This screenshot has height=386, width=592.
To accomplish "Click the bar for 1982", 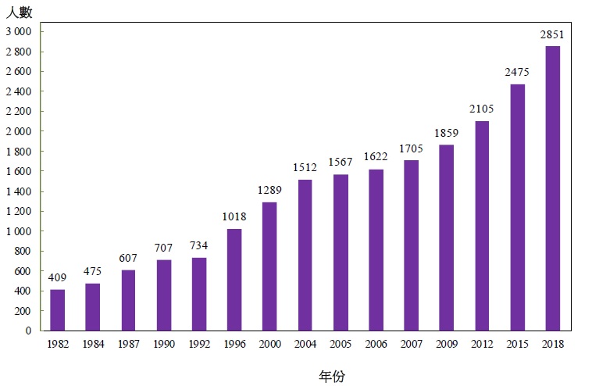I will pos(57,310).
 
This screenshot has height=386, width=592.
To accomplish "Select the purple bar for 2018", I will pos(552,188).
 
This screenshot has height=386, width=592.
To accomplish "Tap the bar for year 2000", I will pos(269,266).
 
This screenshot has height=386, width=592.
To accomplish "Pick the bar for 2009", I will pos(446,238).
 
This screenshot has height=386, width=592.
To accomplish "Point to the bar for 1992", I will pos(198,294).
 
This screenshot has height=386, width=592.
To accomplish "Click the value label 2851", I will pos(552,35).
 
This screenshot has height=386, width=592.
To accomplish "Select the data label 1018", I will pos(234,218).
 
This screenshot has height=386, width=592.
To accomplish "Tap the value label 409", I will pos(57,279).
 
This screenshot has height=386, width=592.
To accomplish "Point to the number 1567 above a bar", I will pos(340,163).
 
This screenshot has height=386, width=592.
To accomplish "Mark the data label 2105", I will pos(481,109).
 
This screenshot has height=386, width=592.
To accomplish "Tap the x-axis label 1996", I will pos(234,344).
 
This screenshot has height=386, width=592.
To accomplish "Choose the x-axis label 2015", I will pos(516,344).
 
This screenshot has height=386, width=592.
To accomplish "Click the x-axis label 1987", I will pos(128,344).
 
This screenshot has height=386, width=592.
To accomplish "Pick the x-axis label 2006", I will pos(375,344).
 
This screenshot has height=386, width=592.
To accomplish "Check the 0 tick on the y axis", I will pos(27,331).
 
